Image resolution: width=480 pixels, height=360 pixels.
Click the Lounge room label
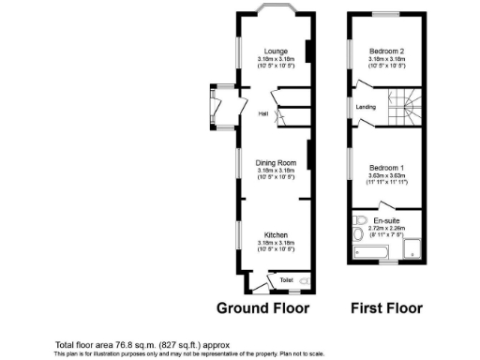pos(276,50)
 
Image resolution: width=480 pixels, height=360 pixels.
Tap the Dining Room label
pos(276,162)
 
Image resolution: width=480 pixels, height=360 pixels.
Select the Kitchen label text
pos(276,234)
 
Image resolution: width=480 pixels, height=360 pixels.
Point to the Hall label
pos(263,113)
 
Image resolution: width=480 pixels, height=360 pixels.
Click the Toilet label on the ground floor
pos(287,278)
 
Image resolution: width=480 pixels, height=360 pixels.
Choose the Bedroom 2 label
pos(386,50)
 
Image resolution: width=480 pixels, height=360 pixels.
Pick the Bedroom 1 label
pos(385,167)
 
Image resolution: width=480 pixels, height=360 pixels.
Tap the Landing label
pos(366,107)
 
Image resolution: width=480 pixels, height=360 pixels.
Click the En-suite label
pos(385,219)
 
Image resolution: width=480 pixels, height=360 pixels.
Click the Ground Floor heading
pos(262,307)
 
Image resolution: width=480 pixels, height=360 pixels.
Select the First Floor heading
pos(386,307)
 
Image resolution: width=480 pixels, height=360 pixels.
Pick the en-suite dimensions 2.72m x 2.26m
pos(385,226)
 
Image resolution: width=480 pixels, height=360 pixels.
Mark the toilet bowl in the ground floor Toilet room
pos(303,279)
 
